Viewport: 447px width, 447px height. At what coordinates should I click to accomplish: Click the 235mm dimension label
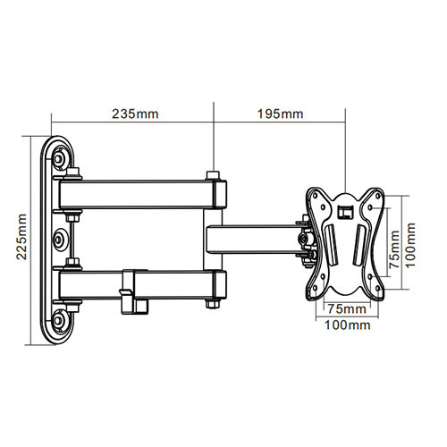click(x=131, y=114)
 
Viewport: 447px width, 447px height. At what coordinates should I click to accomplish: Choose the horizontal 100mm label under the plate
click(x=345, y=325)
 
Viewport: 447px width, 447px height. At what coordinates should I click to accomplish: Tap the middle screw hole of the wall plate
click(x=59, y=239)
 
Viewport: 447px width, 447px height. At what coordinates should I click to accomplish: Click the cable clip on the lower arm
click(x=131, y=290)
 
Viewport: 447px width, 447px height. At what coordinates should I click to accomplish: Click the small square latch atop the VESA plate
click(x=345, y=211)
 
